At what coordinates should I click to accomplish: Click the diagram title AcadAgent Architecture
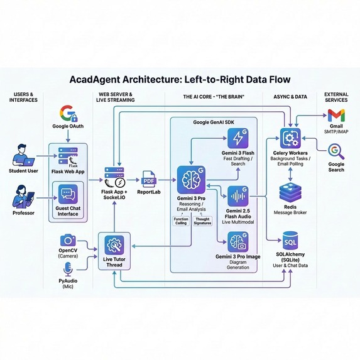pyautogui.click(x=180, y=80)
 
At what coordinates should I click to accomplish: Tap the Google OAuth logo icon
pyautogui.click(x=67, y=114)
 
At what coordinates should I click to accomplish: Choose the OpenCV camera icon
pyautogui.click(x=67, y=241)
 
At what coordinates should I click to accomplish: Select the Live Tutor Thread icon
pyautogui.click(x=114, y=244)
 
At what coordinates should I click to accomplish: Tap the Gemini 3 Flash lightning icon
pyautogui.click(x=237, y=138)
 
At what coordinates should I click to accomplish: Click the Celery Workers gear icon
pyautogui.click(x=290, y=138)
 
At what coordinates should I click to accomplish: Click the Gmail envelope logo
pyautogui.click(x=335, y=115)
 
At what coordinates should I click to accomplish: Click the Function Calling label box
pyautogui.click(x=180, y=220)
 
